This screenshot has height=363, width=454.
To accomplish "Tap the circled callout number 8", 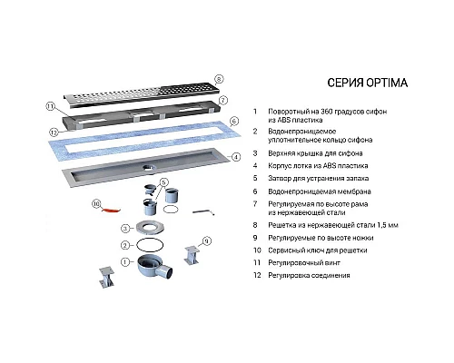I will [x=219, y=80].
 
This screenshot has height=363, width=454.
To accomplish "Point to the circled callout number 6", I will [x=233, y=121].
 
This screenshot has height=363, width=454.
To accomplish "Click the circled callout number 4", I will [x=234, y=155].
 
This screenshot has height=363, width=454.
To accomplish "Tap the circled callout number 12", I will [x=54, y=133].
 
